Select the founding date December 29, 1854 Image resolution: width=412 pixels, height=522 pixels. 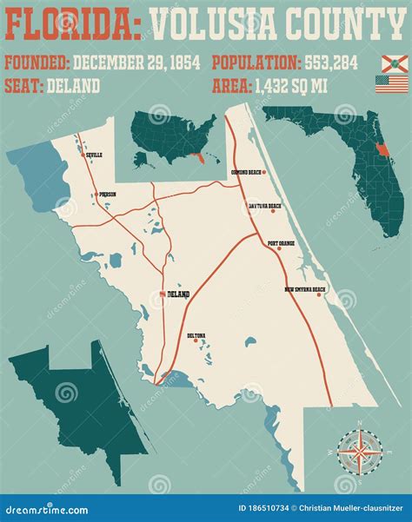point(136,63)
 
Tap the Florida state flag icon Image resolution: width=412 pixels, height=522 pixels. point(394,63)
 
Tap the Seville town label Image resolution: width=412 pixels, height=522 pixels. point(93,155)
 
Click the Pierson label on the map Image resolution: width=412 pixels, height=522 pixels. point(107,195)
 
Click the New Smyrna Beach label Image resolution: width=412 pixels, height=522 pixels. point(304,289)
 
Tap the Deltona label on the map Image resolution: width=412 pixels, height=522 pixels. point(197,335)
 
